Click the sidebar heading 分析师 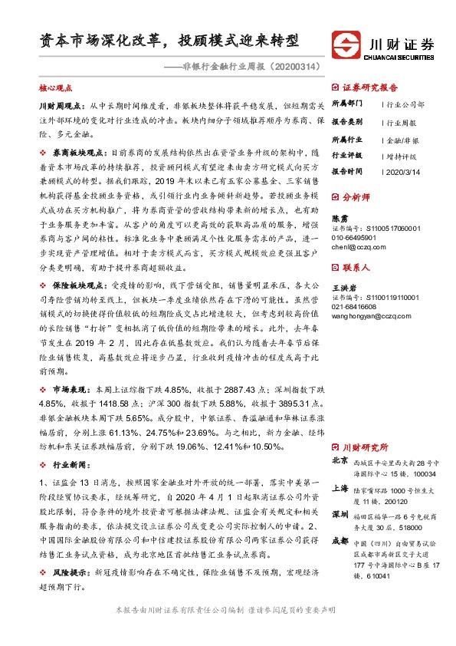(x=359, y=196)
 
